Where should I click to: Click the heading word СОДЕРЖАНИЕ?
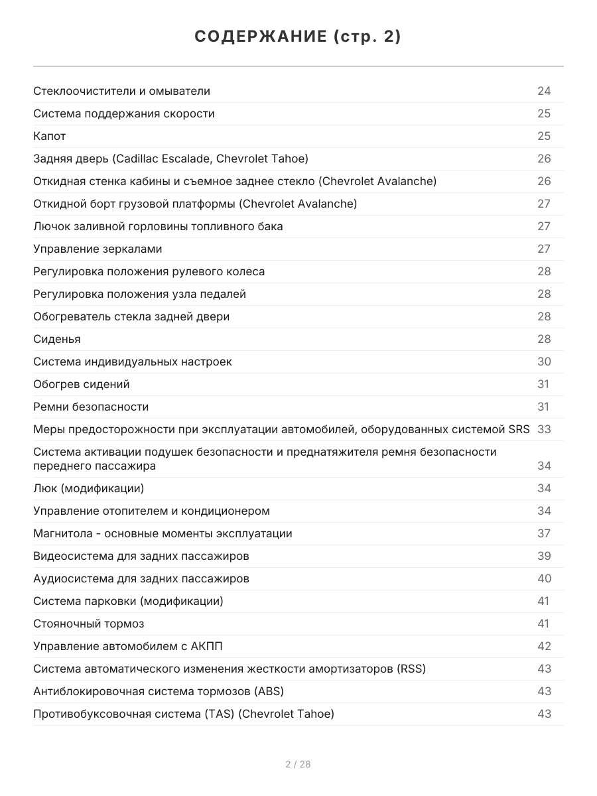coord(259,37)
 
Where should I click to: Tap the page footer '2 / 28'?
coord(298,764)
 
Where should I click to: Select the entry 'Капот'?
coord(50,136)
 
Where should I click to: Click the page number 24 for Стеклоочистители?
coord(544,91)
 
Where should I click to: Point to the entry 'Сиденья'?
coord(57,339)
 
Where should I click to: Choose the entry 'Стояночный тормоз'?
coord(89,624)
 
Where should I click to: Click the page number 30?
coord(544,362)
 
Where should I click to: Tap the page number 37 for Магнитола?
coord(544,533)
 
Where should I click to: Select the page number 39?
coord(544,556)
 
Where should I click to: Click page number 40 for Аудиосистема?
coord(544,578)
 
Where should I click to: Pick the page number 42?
coord(544,646)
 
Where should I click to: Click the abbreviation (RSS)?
coord(411,669)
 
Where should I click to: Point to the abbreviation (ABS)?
coord(269,691)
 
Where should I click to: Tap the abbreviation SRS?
coord(519,429)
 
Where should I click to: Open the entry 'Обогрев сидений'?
coord(82,384)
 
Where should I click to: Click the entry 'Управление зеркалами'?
coord(98,249)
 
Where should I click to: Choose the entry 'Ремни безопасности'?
coord(91,407)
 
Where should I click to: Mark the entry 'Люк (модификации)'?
coord(88,488)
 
